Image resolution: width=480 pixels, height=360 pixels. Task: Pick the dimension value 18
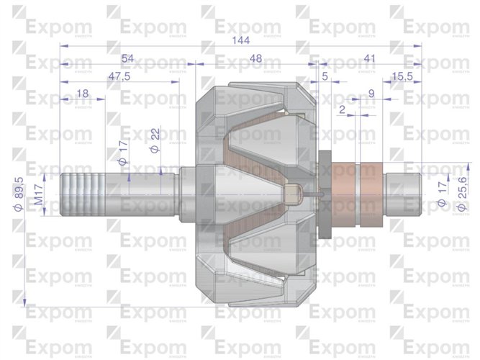coord(82,93)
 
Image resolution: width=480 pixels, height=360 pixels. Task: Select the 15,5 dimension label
coord(402,76)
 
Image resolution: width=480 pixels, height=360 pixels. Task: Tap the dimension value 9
coord(370,93)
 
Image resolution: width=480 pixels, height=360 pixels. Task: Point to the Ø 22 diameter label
coord(154,141)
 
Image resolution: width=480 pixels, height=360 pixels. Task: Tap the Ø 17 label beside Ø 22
coord(122,153)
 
